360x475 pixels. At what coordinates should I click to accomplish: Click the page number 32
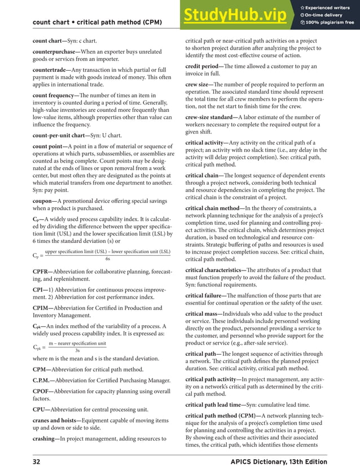point(37,462)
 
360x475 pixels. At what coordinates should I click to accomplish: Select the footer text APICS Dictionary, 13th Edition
point(279,462)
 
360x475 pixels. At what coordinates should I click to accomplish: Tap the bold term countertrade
point(50,70)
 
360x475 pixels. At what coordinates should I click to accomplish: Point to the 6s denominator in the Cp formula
point(108,259)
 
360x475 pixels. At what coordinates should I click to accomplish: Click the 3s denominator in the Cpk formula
point(77,350)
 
